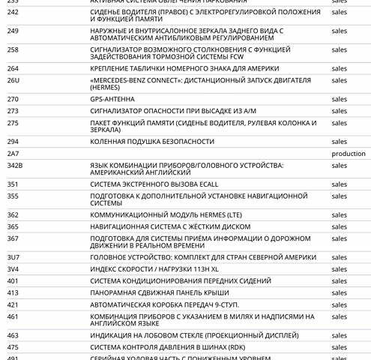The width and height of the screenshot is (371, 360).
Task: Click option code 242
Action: pyautogui.click(x=13, y=12)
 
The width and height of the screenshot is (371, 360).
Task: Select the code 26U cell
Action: pyautogui.click(x=13, y=79)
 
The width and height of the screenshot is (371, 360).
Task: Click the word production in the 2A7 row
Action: pyautogui.click(x=348, y=153)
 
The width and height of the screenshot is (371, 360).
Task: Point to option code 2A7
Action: pyautogui.click(x=13, y=153)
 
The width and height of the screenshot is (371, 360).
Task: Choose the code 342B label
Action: pyautogui.click(x=15, y=165)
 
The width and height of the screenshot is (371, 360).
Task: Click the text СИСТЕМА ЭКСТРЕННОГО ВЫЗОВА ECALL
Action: pyautogui.click(x=158, y=184)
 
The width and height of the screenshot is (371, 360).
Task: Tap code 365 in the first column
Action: pyautogui.click(x=13, y=226)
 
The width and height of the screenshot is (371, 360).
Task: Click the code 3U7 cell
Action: pyautogui.click(x=13, y=257)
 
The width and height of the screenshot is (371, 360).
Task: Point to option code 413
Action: pyautogui.click(x=13, y=292)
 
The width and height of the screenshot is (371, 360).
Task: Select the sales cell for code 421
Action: pyautogui.click(x=339, y=304)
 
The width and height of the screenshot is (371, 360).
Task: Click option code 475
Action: pyautogui.click(x=13, y=347)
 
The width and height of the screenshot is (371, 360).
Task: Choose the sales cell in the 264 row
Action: pyautogui.click(x=339, y=68)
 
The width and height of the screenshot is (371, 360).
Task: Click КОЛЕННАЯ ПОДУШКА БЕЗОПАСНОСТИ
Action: pyautogui.click(x=151, y=141)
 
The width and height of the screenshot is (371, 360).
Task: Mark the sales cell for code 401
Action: pyautogui.click(x=339, y=280)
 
